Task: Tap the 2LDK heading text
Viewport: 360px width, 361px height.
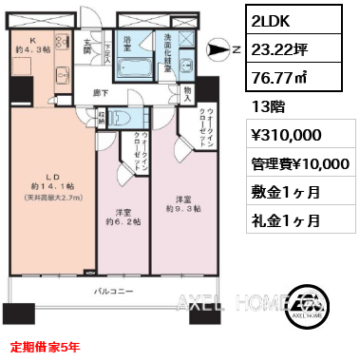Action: click(x=271, y=20)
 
